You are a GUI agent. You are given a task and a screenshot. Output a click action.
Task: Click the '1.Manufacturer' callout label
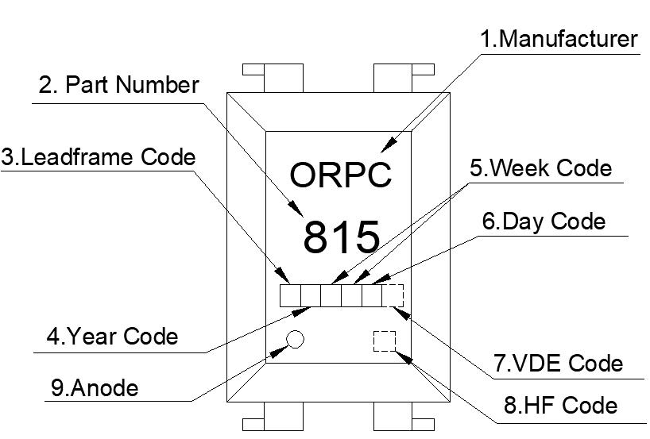click(559, 39)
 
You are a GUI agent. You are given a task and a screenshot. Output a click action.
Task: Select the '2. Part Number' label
click(118, 85)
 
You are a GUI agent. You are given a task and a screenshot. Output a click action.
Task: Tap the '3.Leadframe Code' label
click(98, 156)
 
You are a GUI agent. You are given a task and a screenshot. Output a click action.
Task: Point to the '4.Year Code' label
click(112, 336)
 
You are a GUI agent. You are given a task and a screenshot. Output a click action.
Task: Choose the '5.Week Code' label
click(541, 168)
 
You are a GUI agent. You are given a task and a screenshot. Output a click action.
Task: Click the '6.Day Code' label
click(544, 221)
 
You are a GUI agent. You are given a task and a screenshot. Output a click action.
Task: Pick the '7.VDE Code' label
click(558, 363)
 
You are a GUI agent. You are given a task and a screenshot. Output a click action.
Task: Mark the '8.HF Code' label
click(560, 406)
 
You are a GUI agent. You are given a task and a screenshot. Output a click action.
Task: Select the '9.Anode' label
click(94, 388)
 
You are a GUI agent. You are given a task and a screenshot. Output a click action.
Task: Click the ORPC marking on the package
click(341, 175)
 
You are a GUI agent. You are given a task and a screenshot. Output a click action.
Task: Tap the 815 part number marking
click(341, 237)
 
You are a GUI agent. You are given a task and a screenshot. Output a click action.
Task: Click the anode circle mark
click(295, 339)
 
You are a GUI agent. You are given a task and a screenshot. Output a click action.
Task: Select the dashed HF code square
click(385, 341)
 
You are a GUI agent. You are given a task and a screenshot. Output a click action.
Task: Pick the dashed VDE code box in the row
click(393, 296)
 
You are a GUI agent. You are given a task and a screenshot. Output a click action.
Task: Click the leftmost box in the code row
click(290, 296)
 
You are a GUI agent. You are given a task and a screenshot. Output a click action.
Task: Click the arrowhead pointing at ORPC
click(389, 146)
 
